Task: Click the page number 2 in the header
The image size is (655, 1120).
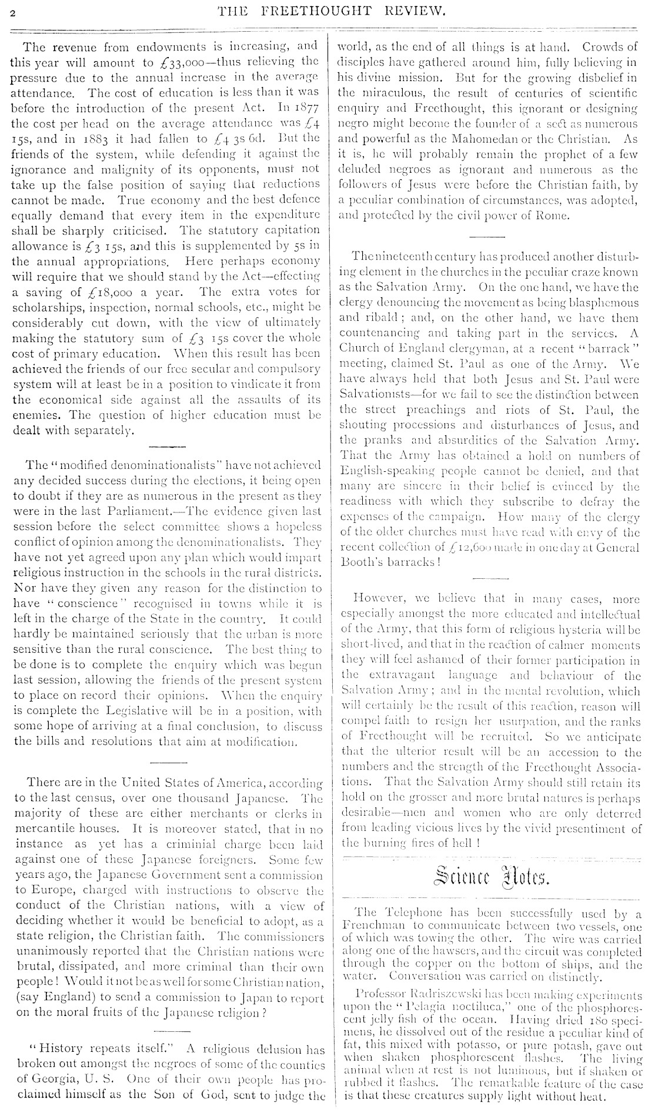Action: (x=12, y=11)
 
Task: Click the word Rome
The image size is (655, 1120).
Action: (x=554, y=215)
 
